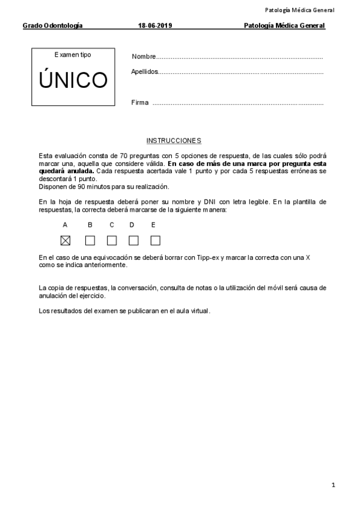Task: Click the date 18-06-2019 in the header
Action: [155, 26]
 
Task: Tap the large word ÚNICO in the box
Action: [73, 81]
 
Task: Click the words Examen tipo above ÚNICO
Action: [73, 55]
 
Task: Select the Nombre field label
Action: [144, 57]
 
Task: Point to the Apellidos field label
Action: [145, 72]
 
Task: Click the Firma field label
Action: [139, 103]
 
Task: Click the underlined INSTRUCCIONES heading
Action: [174, 141]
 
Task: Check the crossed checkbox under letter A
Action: [66, 241]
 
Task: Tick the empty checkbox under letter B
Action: [90, 241]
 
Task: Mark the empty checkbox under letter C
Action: [112, 241]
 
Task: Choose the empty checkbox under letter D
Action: [133, 241]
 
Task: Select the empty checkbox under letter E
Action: [155, 241]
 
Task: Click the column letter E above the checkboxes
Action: [153, 225]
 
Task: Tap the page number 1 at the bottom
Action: [333, 485]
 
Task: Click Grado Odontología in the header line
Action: [53, 26]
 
